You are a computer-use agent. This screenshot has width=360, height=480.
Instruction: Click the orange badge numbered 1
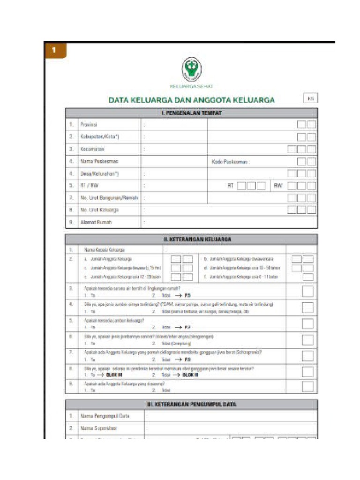click(54, 51)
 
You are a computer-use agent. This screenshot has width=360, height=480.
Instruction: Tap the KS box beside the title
click(310, 99)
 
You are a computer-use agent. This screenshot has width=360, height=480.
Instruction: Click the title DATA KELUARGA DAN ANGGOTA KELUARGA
click(192, 100)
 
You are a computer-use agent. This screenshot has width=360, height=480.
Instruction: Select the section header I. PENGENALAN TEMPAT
click(191, 113)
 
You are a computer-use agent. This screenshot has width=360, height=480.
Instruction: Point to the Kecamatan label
click(92, 149)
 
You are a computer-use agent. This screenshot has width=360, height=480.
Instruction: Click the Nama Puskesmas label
click(96, 161)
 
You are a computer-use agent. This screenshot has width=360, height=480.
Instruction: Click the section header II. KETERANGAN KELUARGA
click(191, 239)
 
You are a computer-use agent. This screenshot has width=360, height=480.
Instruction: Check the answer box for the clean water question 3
click(307, 291)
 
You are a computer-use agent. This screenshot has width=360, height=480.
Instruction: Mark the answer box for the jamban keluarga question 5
click(307, 324)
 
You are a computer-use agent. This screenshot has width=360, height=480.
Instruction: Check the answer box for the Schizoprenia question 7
click(307, 356)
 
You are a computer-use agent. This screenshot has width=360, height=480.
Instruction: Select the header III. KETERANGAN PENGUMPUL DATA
click(191, 404)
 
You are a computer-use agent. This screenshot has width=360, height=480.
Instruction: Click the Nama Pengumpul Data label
click(105, 416)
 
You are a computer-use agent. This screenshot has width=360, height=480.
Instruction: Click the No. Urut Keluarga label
click(99, 210)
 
